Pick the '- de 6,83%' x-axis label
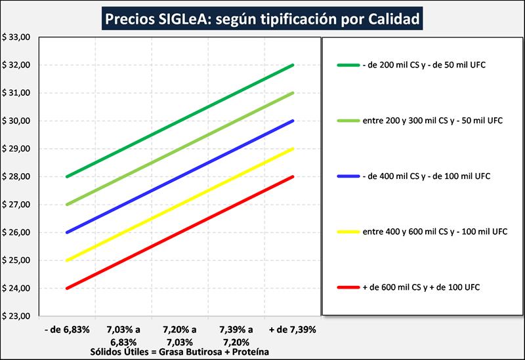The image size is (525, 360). pos(67,329)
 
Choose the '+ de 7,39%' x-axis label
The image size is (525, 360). pos(292,329)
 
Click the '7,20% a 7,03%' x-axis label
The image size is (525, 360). pos(179,334)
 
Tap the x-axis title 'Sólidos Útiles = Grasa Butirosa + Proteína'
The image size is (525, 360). pos(179,352)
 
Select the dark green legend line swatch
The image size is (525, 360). pos(347,66)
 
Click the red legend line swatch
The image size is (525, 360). pos(347,287)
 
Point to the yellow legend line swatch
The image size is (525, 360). pos(347,231)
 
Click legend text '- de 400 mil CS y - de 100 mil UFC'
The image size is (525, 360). pos(426,176)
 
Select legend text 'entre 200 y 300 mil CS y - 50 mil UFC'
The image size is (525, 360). pos(431,121)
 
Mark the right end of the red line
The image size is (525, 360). pos(293,176)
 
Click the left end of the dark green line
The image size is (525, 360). pos(67,176)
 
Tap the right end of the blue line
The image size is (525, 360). pos(293,121)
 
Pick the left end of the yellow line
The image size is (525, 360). pos(67,260)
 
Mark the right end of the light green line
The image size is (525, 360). pos(293,93)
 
